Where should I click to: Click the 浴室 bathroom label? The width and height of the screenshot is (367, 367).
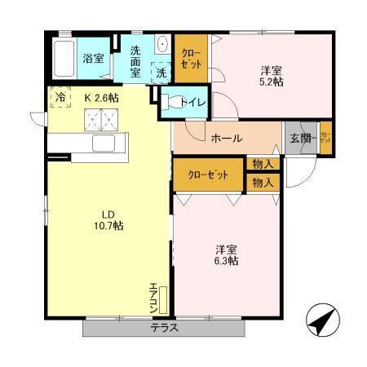[x=93, y=58]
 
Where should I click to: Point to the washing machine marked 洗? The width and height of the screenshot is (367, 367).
[x=161, y=72]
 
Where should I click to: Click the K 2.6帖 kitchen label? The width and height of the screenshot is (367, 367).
[x=102, y=97]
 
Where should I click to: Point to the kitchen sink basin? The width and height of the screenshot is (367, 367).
[x=104, y=144]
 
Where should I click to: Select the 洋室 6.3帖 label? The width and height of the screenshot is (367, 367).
[x=224, y=254]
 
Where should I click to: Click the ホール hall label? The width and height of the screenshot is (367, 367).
[x=226, y=138]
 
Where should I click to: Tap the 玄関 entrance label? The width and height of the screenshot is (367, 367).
[x=299, y=138]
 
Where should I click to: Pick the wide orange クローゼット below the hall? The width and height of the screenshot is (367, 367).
[x=208, y=174]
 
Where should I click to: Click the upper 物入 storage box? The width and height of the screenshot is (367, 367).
[x=262, y=165]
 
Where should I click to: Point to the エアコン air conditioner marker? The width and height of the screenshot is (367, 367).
[x=154, y=298]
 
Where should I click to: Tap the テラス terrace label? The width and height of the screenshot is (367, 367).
[x=163, y=328]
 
